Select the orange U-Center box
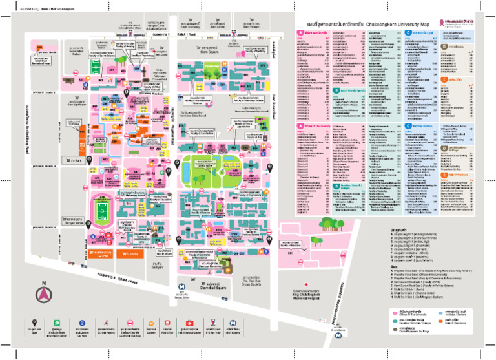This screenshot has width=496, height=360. (105, 254)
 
